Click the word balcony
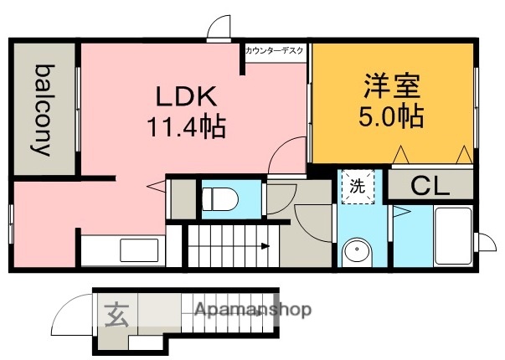[43, 110]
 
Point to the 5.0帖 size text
[392, 115]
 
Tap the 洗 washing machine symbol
[357, 187]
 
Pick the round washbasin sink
[358, 250]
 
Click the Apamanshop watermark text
[253, 311]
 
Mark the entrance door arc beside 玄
[70, 317]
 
